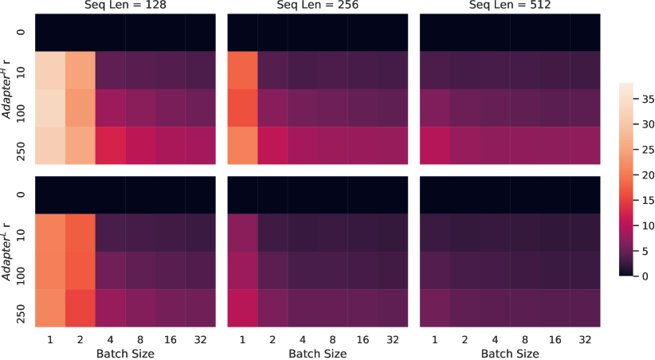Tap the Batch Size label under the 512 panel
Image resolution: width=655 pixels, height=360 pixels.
pyautogui.click(x=509, y=352)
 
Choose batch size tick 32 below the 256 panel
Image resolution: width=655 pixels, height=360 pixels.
pyautogui.click(x=392, y=338)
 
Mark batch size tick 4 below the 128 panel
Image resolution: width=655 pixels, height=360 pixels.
pyautogui.click(x=111, y=338)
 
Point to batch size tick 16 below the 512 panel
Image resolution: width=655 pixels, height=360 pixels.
pyautogui.click(x=554, y=338)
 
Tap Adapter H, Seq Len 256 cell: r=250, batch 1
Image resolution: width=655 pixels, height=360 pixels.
pyautogui.click(x=242, y=146)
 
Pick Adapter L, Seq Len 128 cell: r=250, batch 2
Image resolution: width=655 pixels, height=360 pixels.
pyautogui.click(x=80, y=307)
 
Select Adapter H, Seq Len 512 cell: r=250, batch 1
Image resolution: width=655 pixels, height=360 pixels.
pyautogui.click(x=434, y=146)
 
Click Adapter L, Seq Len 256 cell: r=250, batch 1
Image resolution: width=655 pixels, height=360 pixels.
pyautogui.click(x=242, y=307)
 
